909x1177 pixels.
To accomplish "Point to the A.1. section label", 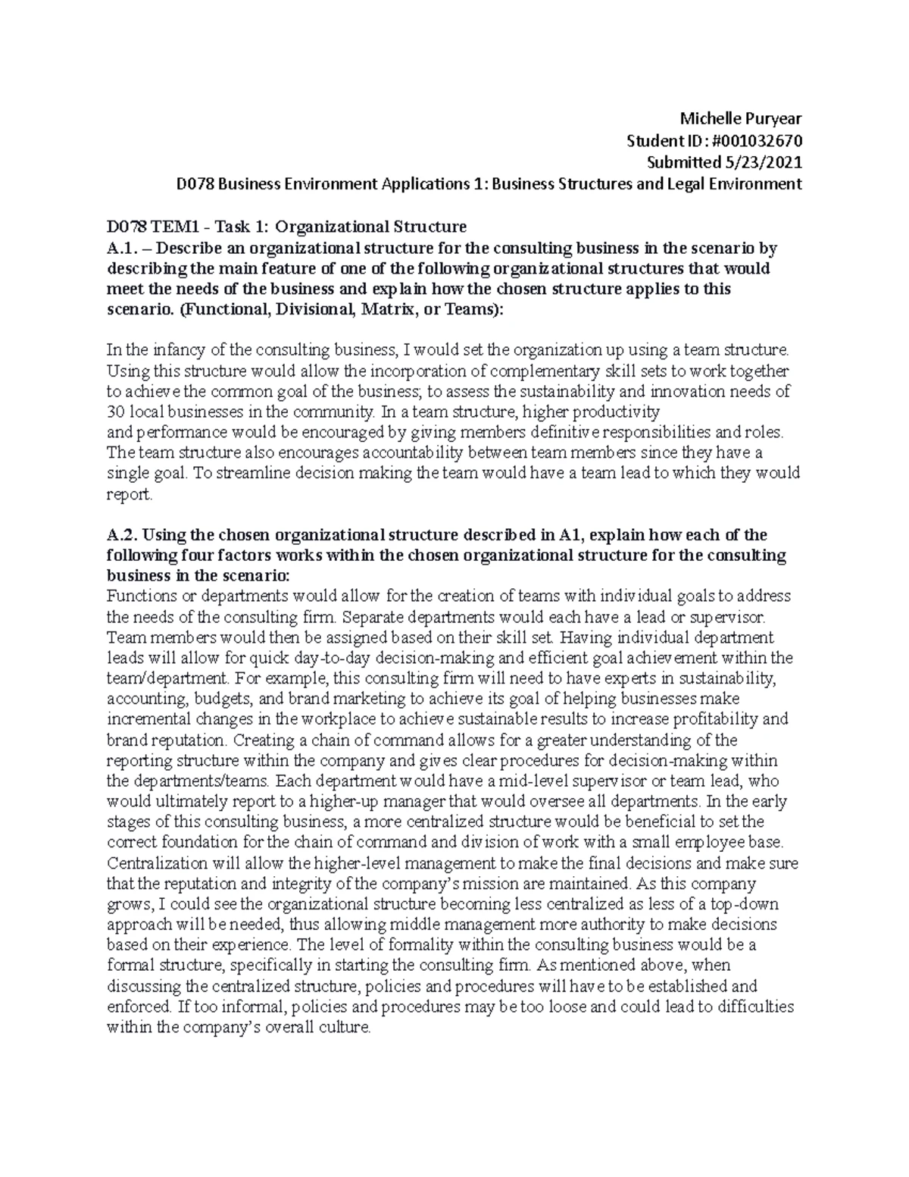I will click(x=120, y=248).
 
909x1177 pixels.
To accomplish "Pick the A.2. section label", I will click(x=121, y=535).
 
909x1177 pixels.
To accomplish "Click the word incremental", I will click(x=146, y=719).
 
